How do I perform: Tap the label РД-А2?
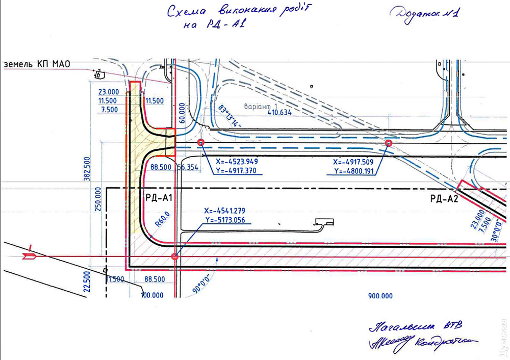coord(443,199)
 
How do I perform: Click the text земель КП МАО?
coord(37,64)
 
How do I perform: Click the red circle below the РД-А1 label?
coord(175,257)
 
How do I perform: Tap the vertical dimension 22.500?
coord(87,281)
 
